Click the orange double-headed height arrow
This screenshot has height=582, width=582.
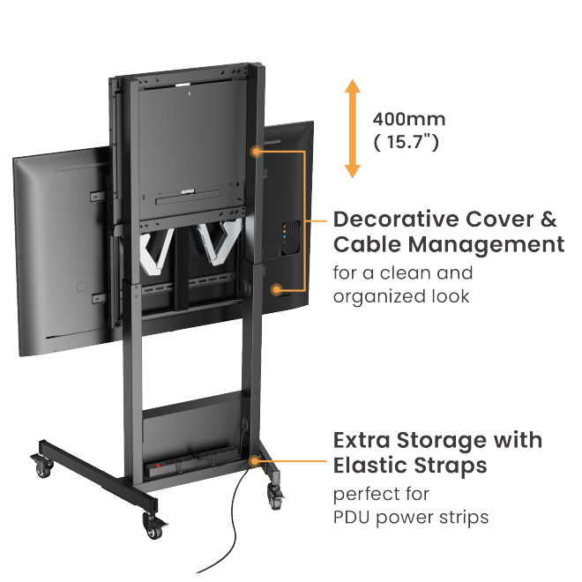click(x=353, y=129)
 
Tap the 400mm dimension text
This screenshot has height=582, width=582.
click(x=409, y=119)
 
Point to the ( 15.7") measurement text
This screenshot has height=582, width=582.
click(x=407, y=142)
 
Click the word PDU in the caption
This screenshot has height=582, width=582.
click(x=354, y=517)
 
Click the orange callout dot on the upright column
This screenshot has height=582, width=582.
click(x=257, y=151)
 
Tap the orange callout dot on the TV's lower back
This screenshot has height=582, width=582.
click(x=278, y=288)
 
